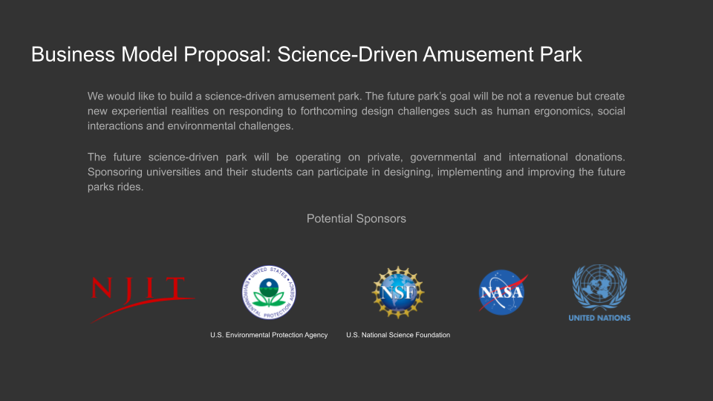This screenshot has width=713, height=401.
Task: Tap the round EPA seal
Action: [269, 293]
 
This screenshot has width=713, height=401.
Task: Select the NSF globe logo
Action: [398, 293]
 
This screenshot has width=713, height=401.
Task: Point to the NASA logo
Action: [504, 293]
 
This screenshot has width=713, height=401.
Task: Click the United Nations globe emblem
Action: [599, 287]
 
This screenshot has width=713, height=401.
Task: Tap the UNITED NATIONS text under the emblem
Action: [599, 318]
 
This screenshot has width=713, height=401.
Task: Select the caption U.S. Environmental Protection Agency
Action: [269, 335]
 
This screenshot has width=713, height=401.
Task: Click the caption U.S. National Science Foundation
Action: [398, 335]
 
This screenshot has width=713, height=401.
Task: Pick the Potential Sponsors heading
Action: [356, 218]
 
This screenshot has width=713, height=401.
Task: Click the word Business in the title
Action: [73, 54]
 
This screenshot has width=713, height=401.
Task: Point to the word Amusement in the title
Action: [478, 54]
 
